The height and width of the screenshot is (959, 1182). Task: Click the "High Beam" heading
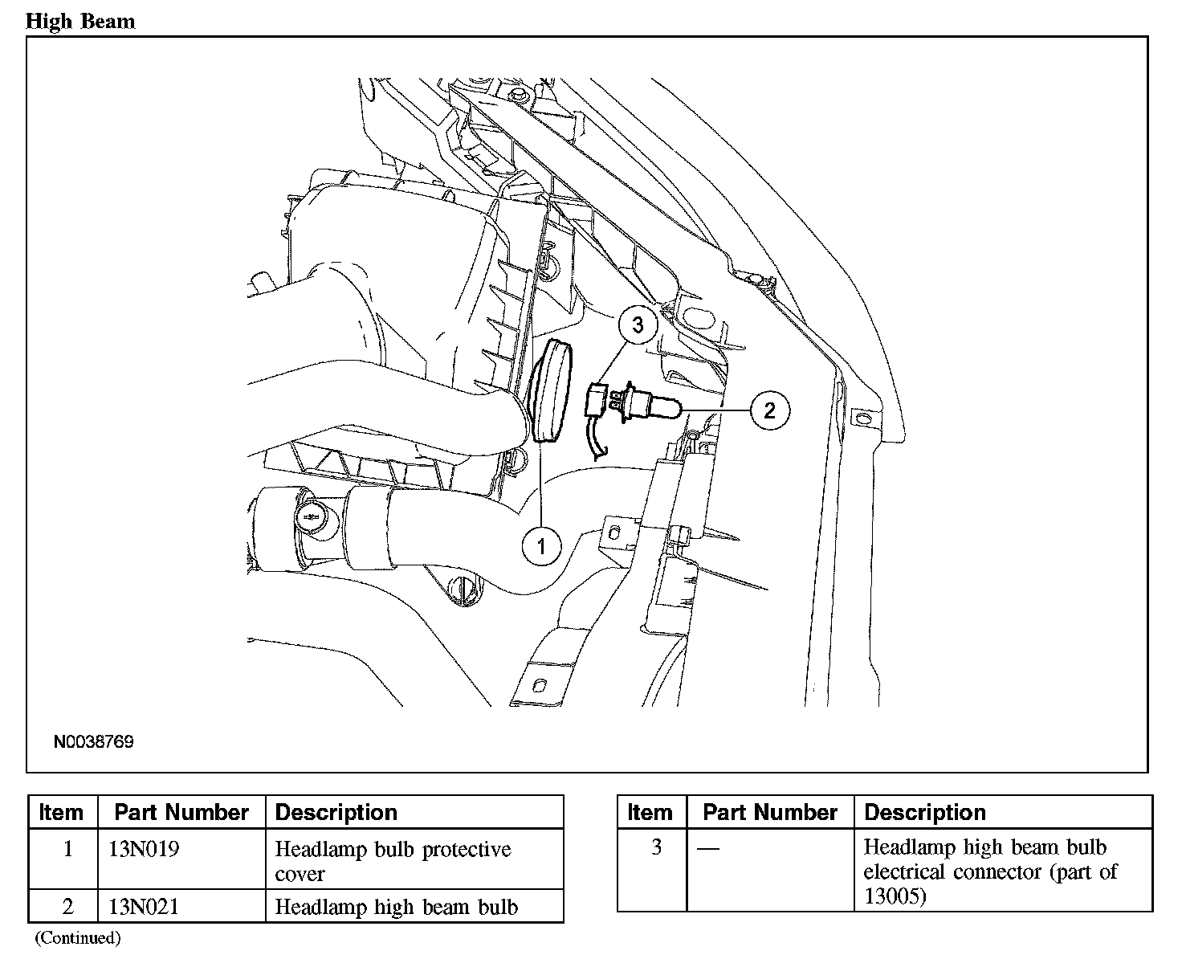tap(80, 22)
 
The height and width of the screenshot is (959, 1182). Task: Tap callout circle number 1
tap(541, 547)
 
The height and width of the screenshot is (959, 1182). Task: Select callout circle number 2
tap(769, 410)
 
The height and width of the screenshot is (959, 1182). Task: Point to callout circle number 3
tap(638, 325)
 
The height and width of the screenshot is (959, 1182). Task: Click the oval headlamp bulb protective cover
tap(551, 391)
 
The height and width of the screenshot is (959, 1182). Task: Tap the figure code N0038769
tap(94, 741)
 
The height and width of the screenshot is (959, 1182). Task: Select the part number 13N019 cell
tap(144, 849)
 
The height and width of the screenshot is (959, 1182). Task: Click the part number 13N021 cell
tap(144, 907)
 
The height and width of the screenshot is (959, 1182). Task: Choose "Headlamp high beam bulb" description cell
tap(397, 907)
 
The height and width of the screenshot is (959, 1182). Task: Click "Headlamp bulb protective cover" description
tap(393, 860)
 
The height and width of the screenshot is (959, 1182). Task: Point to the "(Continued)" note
tap(78, 937)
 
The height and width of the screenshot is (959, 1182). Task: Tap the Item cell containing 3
tap(656, 847)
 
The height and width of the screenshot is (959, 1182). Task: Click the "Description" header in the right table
tap(925, 812)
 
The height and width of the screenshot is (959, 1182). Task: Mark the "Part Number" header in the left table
tap(181, 812)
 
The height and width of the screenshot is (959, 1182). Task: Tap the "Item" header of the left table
tap(61, 812)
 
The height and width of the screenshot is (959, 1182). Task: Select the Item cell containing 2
tap(67, 907)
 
